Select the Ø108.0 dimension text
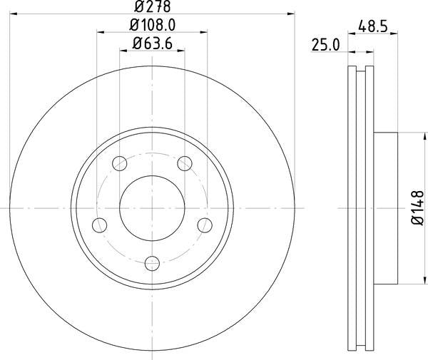pos(153,25)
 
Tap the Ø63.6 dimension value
pos(153,43)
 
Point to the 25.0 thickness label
pos(325,45)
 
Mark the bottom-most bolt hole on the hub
pos(152,264)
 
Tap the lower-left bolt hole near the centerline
pos(98,225)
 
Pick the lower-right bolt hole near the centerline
pos(205,225)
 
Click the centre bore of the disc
pos(152,207)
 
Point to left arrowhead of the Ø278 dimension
pos(14,12)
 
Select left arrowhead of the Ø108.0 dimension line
pos(99,31)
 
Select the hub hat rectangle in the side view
pos(385,207)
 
